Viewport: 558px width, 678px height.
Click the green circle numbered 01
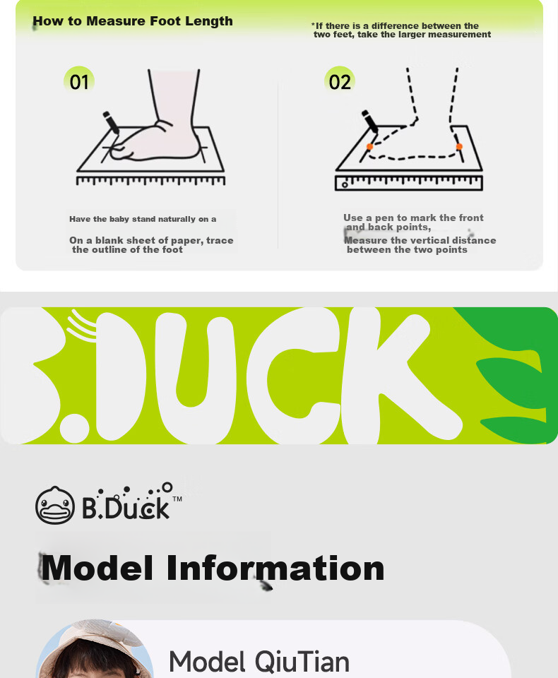coord(78,81)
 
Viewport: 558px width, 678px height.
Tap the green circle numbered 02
coord(340,81)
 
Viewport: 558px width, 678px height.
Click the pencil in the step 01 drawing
coord(111,122)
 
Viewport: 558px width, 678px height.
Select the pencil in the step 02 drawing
coord(370,121)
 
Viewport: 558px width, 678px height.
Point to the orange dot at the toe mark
coord(370,147)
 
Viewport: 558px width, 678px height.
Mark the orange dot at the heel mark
coord(459,147)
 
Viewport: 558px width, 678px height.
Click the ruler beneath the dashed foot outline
coord(409,183)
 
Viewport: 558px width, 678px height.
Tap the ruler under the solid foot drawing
coord(150,180)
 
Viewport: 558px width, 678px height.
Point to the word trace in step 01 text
coord(220,240)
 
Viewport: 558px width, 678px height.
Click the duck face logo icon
coord(54,505)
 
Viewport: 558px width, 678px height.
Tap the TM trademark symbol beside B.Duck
coord(177,499)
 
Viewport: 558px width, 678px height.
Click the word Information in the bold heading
coord(275,568)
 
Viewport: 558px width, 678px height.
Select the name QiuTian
coord(302,662)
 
